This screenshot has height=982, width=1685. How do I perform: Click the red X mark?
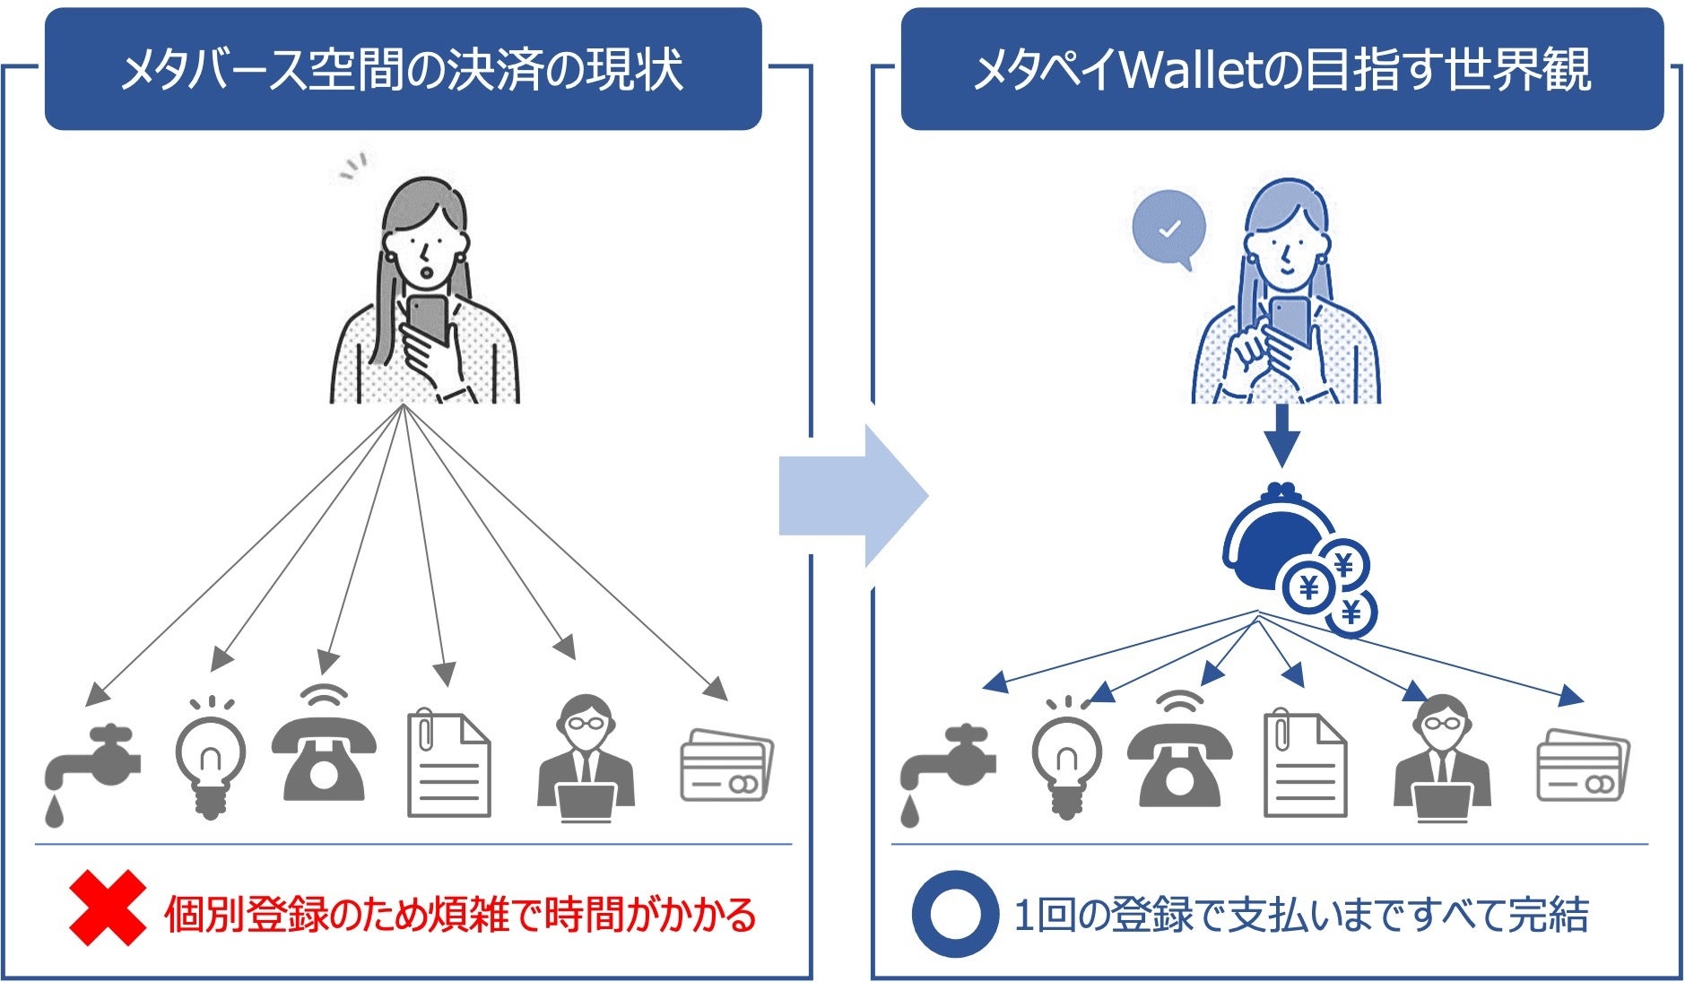click(108, 908)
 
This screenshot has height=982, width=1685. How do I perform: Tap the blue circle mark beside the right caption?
click(955, 914)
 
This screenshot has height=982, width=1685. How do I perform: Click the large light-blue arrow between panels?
click(852, 496)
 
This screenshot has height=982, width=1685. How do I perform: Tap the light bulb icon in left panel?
click(210, 758)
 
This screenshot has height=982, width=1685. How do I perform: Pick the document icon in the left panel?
click(448, 764)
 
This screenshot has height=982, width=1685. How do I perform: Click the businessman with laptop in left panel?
click(586, 759)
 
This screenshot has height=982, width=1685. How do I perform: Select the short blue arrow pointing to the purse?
click(1281, 434)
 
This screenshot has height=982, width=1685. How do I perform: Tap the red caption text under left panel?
click(460, 915)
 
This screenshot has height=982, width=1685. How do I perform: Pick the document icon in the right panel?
click(1305, 764)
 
